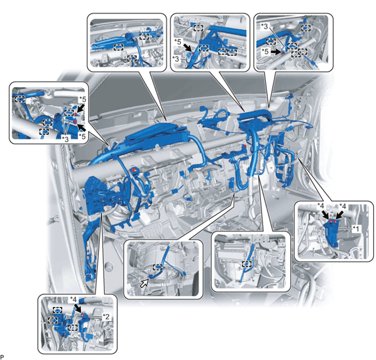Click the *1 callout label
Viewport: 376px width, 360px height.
356,229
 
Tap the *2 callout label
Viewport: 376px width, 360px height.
106,316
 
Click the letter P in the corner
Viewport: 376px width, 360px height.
2,357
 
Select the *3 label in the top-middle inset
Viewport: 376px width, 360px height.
176,58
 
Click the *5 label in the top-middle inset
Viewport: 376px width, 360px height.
178,41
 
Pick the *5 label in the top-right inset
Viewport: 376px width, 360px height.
265,51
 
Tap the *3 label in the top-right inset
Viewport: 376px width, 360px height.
264,26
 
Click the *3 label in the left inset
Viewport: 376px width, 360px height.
65,139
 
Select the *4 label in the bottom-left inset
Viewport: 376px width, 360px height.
73,299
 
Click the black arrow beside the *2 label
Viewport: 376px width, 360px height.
78,309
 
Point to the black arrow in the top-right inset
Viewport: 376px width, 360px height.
277,52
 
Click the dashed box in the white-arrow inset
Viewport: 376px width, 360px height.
157,267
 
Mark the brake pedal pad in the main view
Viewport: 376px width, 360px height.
151,230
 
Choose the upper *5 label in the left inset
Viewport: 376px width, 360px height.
82,99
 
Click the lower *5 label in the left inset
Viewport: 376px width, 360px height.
82,136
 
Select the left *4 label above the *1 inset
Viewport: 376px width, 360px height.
320,206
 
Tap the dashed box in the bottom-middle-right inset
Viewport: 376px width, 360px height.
246,264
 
